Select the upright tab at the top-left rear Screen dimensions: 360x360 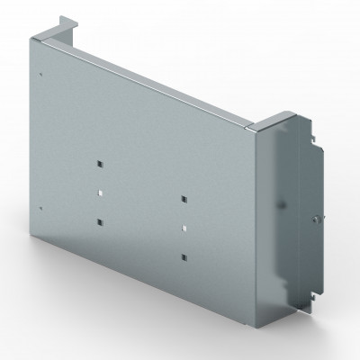coord(65,22)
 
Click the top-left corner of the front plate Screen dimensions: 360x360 coord(36,39)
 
